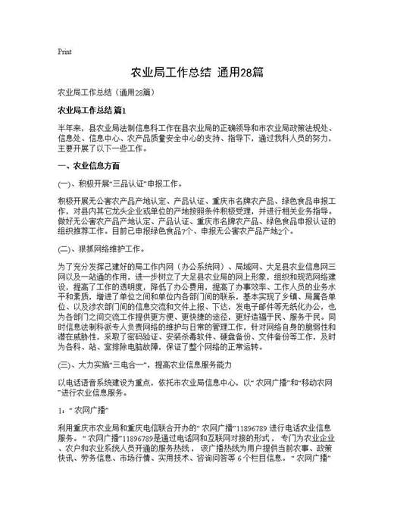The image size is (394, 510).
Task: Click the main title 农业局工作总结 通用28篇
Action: [x=196, y=73]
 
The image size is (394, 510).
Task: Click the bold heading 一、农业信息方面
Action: [x=88, y=165]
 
